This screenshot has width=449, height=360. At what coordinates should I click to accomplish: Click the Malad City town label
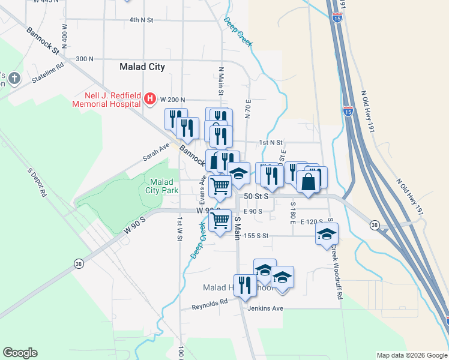pos(142,67)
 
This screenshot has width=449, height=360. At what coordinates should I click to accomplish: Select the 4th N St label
pos(141,20)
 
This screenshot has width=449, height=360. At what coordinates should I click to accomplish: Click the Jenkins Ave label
pos(265,308)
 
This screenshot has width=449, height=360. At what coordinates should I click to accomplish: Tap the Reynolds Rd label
pos(210,304)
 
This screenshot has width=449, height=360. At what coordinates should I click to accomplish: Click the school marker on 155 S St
pos(327,234)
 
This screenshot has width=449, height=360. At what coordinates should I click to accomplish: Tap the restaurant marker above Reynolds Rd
pos(244,285)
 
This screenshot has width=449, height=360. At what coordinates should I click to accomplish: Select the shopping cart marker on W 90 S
pos(221,220)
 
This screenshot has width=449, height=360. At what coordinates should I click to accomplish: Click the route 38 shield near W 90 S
pos(79,263)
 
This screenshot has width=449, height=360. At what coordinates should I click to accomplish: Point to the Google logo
pos(20,353)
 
